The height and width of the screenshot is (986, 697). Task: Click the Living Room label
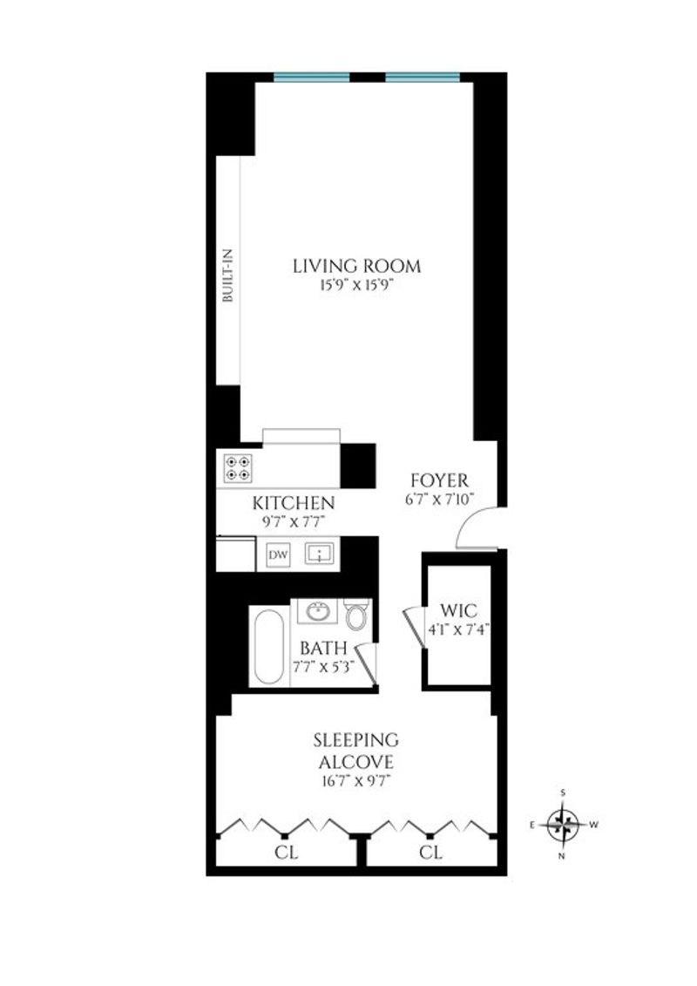357,266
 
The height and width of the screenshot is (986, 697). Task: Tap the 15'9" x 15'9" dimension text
357,285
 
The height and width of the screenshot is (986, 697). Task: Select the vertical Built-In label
227,275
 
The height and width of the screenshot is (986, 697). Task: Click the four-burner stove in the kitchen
238,468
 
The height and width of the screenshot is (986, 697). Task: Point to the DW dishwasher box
279,554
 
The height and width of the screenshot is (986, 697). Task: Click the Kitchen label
294,503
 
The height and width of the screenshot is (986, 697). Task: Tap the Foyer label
440,480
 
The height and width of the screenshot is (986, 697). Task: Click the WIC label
459,610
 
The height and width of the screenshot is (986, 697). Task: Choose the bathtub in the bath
269,646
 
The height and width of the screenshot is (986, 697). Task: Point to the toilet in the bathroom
357,615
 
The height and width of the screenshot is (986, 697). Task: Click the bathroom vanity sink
317,610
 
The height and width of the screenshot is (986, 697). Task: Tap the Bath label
323,649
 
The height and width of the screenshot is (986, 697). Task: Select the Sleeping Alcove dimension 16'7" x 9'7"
355,782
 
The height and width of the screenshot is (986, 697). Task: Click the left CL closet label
286,853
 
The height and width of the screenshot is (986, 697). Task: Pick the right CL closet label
430,853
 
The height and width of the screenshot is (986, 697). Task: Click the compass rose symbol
563,825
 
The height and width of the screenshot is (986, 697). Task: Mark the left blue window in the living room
312,78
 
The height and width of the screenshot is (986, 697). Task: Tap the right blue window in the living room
423,78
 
